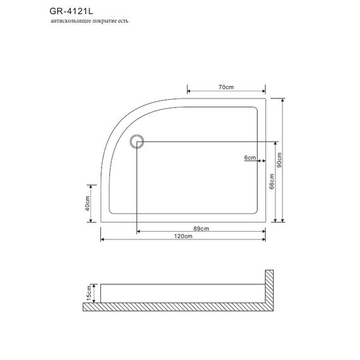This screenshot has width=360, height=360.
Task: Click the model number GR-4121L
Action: point(71,11)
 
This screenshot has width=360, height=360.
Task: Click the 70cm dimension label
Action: point(226,87)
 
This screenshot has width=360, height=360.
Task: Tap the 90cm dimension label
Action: point(279,160)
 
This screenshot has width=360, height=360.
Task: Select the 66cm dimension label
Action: point(272,181)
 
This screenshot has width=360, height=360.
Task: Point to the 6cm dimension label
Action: point(250,157)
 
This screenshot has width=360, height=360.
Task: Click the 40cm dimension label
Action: point(87,203)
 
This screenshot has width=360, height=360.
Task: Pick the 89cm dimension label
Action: point(201,229)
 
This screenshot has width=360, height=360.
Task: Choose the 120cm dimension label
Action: point(183,236)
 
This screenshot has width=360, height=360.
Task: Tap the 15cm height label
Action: point(89,293)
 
